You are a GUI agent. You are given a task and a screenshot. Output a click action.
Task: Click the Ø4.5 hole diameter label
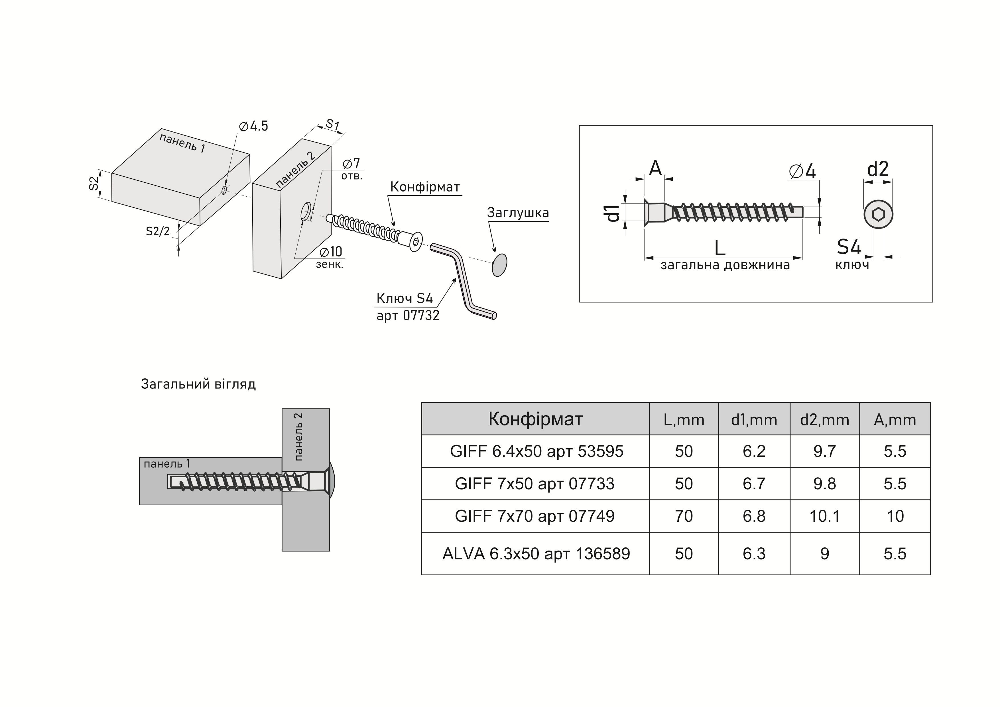pos(253,126)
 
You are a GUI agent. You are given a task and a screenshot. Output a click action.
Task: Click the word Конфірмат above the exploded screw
pos(425,187)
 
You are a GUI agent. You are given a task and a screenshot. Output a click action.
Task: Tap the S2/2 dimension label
pos(158,231)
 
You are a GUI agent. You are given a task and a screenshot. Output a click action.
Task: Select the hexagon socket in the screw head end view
pos(878,215)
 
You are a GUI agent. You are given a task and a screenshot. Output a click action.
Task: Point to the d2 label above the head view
pos(878,169)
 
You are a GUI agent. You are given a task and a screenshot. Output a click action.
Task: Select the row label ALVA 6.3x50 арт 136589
pos(536,554)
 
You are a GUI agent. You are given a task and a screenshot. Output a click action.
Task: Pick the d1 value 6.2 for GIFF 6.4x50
pos(754,451)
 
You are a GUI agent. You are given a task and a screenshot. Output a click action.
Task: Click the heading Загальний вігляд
pos(198,384)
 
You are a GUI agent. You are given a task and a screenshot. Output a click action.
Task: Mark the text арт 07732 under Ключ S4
pos(408,315)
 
